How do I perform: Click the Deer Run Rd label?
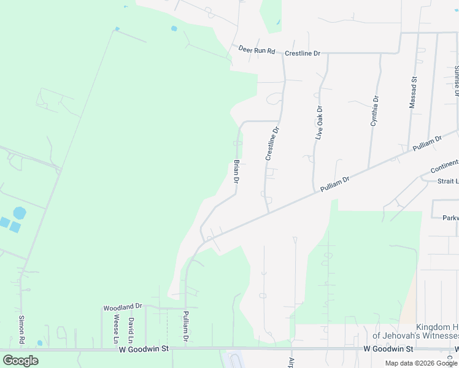pos(256,49)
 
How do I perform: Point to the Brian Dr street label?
pos(236,172)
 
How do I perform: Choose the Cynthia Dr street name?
pos(374,111)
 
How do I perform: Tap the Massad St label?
pos(414,93)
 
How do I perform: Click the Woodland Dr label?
pos(123,306)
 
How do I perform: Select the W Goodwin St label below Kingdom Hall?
pos(388,348)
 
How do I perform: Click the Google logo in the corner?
pos(20,361)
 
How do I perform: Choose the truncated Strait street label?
pos(447,182)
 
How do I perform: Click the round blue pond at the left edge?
pos(20,213)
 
